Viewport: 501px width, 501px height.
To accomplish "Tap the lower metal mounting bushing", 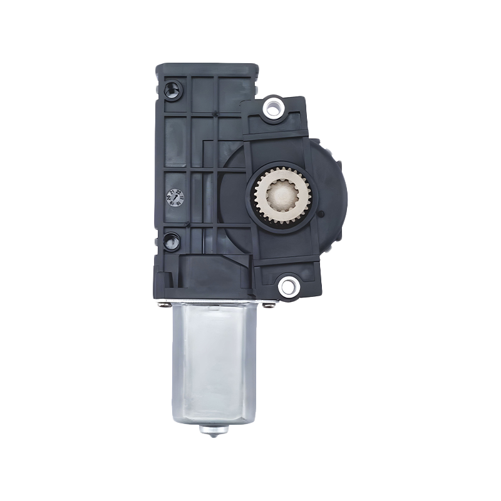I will coord(287,286).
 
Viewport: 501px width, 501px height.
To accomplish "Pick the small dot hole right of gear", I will coord(321,215).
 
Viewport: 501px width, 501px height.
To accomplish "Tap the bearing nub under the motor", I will coord(214,431).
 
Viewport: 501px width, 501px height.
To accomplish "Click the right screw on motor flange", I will coord(268,305).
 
